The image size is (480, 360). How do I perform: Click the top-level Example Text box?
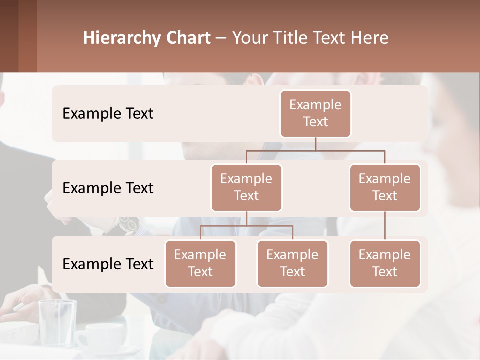315,113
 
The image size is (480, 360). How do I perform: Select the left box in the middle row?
246,187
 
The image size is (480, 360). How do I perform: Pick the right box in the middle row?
385,187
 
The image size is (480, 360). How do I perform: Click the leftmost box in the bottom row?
200,263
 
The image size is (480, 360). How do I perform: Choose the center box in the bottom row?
292,263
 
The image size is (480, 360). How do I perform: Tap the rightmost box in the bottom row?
385,263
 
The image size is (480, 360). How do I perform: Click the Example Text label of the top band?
108,114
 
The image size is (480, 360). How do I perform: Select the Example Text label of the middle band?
108,188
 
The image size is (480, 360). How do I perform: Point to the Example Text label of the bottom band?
108,264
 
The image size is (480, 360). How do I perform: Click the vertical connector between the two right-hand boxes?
385,226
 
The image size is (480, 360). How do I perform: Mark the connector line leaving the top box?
315,144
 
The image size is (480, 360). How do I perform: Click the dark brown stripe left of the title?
9,36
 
